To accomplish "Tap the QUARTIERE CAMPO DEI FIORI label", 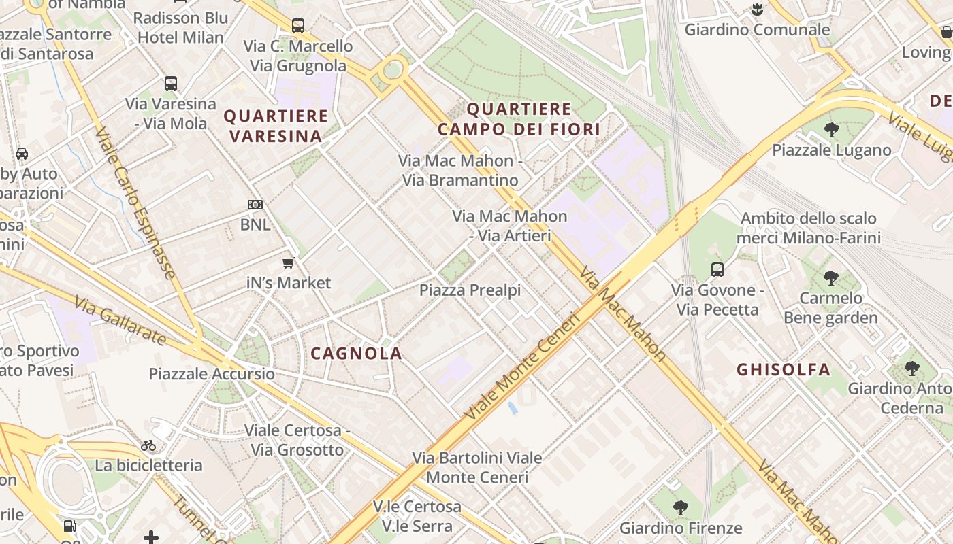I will tap(519, 119).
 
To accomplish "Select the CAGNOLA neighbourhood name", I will tap(356, 354).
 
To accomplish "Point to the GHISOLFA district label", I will tap(784, 370).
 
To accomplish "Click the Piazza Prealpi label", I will tap(470, 290).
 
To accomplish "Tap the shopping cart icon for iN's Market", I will tap(289, 263).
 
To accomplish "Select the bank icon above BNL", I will tap(255, 204).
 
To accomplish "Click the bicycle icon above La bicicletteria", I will tap(148, 446).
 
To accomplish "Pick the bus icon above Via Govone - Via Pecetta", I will tap(717, 270).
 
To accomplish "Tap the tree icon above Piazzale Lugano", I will tap(831, 130).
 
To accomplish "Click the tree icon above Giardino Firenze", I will tap(680, 508).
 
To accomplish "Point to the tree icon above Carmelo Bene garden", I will tap(830, 277).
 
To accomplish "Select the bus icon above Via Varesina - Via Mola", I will tap(171, 84).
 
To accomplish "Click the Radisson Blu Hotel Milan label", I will tap(180, 28).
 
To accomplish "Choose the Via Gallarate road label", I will tap(120, 320).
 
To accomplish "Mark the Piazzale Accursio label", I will tap(212, 374).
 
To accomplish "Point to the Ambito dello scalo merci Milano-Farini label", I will tap(809, 228).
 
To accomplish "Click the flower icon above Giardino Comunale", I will tap(757, 10).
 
